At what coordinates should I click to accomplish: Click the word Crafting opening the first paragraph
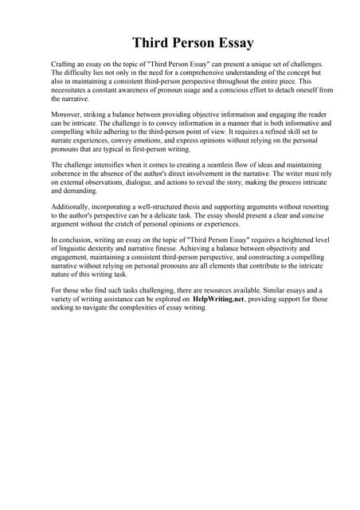click(x=65, y=63)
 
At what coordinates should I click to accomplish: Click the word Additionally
click(x=72, y=207)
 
